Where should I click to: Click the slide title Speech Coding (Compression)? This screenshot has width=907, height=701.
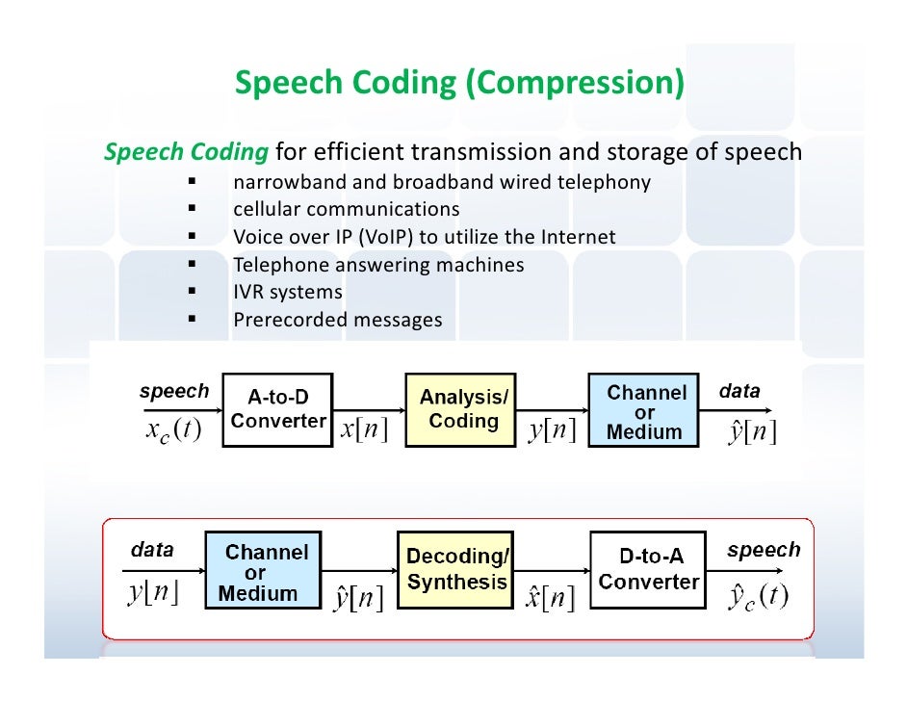coord(459,84)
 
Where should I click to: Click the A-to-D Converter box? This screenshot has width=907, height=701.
coord(278,409)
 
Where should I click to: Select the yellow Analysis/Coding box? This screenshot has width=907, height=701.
coord(463,409)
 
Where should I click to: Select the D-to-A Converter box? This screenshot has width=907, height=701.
coord(647,569)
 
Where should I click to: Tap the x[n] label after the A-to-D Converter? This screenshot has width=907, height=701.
coord(365,429)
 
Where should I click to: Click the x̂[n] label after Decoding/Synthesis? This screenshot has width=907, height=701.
coord(550,599)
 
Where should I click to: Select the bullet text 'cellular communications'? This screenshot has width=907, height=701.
coord(346,209)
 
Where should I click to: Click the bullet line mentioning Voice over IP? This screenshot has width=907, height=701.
coord(424,237)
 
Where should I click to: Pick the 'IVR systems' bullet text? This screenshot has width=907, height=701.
coord(287,292)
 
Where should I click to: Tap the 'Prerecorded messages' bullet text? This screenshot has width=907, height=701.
coord(337,320)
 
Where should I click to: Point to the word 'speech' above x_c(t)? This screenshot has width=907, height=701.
coord(173,391)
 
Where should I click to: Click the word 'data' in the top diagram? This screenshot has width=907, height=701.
coord(739,391)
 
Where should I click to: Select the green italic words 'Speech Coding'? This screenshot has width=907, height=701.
coord(186,152)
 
